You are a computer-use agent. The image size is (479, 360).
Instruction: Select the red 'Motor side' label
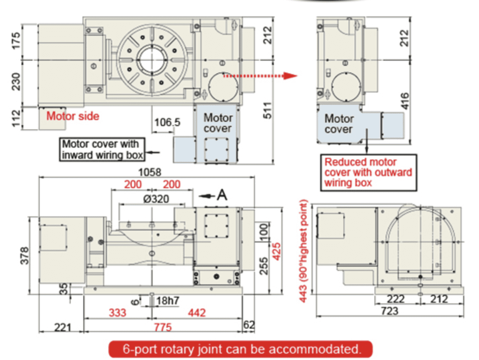click(73, 116)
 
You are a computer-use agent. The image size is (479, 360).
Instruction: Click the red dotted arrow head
click(291, 76)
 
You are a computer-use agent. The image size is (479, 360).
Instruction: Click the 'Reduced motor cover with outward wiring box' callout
click(368, 172)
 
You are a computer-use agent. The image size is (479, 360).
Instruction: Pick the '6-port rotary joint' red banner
click(241, 349)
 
